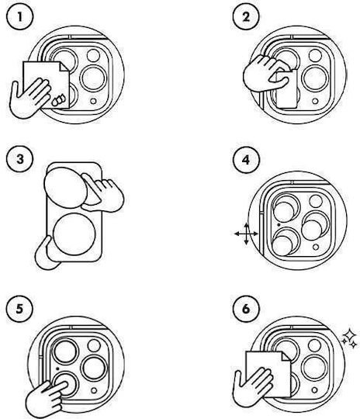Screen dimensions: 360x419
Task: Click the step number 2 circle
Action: [246, 16]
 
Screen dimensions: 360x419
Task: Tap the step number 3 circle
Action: [19, 159]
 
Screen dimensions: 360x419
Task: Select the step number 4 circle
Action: [246, 160]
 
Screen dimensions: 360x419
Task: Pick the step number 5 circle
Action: [19, 309]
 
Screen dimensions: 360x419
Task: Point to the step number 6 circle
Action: [246, 309]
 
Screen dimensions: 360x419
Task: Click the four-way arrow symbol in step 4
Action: [246, 234]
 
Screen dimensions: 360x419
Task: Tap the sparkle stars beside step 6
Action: [350, 339]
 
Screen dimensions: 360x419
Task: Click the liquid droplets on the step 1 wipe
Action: [58, 99]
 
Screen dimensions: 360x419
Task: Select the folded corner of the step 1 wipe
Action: [64, 67]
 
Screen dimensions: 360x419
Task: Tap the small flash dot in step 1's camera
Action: [93, 102]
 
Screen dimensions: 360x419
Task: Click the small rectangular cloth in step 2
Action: [286, 88]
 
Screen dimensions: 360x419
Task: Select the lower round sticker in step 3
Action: [74, 234]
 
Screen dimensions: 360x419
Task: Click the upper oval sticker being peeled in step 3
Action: [65, 188]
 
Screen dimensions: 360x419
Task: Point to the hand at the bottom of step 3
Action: [46, 254]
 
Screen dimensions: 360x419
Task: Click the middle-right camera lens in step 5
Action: [95, 369]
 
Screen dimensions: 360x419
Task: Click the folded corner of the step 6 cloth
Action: [286, 356]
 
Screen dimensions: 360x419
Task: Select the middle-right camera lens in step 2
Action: [315, 78]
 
